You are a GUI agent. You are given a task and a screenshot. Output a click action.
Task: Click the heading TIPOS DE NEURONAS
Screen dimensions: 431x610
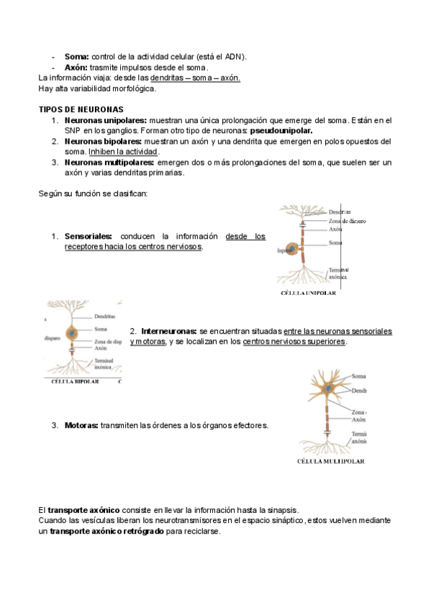(x=81, y=109)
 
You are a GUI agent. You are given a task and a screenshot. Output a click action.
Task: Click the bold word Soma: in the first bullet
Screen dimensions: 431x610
(x=77, y=57)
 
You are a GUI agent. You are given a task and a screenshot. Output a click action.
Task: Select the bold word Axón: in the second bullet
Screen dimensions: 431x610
(x=76, y=68)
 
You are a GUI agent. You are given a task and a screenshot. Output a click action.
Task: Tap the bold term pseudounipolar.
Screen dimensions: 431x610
(x=281, y=131)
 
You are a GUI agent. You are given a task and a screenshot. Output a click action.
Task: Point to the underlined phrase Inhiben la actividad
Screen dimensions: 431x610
(x=123, y=152)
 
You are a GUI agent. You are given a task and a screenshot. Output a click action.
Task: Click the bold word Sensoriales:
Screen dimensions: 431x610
(x=89, y=236)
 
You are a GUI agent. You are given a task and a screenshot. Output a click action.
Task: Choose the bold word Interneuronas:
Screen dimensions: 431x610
(x=169, y=332)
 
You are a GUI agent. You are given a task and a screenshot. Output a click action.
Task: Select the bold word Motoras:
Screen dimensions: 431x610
(x=81, y=425)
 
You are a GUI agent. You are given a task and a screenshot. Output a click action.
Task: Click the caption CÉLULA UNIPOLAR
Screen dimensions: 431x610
(x=308, y=293)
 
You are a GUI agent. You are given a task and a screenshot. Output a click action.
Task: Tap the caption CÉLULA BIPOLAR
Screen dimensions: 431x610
(x=75, y=382)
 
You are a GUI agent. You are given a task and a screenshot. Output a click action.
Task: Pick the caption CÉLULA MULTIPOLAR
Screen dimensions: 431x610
(x=331, y=461)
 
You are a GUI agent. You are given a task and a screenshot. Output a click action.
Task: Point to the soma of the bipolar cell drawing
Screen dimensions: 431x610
(x=72, y=333)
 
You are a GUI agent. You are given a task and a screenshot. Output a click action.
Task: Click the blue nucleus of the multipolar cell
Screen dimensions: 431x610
(x=329, y=388)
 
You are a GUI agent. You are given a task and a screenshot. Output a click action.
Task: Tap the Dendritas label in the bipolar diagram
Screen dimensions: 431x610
(x=104, y=317)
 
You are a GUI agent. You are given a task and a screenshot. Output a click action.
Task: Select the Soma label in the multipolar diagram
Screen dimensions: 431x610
(x=358, y=376)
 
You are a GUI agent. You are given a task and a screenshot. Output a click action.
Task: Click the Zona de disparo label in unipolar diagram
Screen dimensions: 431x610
(x=347, y=221)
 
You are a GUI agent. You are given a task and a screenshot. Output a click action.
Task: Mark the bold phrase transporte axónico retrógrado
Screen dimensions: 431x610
(x=107, y=531)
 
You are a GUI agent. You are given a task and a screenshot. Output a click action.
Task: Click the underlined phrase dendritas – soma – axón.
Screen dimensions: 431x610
(x=195, y=78)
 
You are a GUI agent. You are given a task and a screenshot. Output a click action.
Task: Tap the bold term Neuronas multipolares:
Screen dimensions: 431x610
(x=109, y=163)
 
